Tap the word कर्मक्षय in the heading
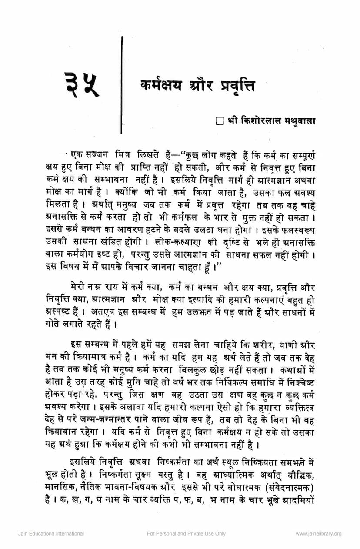[161, 86]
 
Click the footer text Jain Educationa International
[51, 533]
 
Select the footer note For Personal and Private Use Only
[186, 533]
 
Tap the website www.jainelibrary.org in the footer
[318, 533]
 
